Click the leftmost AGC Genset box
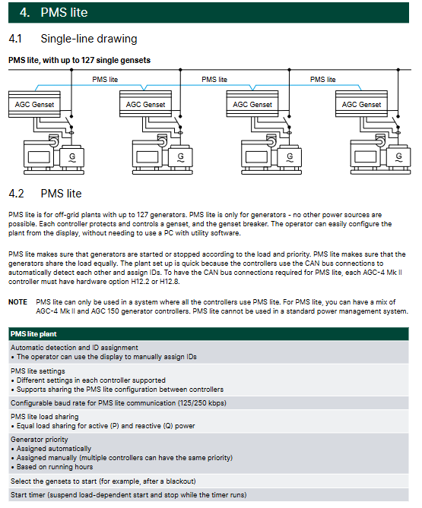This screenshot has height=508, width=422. coord(34,104)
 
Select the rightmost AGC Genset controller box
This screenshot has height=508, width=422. coord(361,104)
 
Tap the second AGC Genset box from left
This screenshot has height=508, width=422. coord(145,104)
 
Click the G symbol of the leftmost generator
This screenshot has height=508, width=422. coord(72,157)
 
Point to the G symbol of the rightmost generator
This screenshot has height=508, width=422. coord(398,157)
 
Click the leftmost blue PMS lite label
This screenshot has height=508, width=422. coord(105,80)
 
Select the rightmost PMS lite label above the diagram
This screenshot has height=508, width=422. coord(322,80)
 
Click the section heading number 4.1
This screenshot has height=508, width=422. coord(15,39)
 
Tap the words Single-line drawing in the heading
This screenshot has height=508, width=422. coord(89,39)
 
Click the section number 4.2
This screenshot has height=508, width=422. coord(16,194)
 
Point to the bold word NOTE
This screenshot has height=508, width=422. coord(17,302)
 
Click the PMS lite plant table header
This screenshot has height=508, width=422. coord(33,334)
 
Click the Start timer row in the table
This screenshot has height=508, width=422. coord(129,495)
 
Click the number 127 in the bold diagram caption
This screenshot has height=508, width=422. coord(87,60)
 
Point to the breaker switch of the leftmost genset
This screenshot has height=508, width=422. coord(69,121)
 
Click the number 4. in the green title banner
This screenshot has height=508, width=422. coord(24,13)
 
